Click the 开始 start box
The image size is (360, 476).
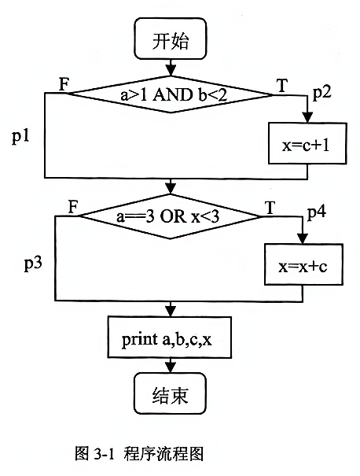click(x=171, y=39)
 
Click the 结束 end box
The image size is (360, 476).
click(x=170, y=393)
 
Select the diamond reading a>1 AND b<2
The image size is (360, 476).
click(x=170, y=94)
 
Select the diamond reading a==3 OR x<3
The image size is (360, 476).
click(x=170, y=216)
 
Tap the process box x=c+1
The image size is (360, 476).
click(x=307, y=143)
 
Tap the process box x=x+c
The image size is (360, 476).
click(x=303, y=264)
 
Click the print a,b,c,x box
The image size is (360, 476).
click(x=170, y=337)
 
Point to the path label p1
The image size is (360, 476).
click(x=20, y=136)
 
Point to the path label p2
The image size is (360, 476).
click(x=322, y=93)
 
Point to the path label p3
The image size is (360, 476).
click(x=33, y=264)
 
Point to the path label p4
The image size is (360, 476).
click(x=317, y=213)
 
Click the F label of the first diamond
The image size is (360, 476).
click(x=64, y=84)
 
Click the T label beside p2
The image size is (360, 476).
click(x=282, y=85)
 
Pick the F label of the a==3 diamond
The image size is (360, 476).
click(x=73, y=208)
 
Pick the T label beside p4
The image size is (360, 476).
click(x=270, y=208)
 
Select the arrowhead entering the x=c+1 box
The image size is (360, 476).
click(x=307, y=117)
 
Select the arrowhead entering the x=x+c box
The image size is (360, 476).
click(x=303, y=238)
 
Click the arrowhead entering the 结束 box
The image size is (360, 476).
click(x=171, y=367)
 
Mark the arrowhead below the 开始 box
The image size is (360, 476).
click(x=171, y=71)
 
